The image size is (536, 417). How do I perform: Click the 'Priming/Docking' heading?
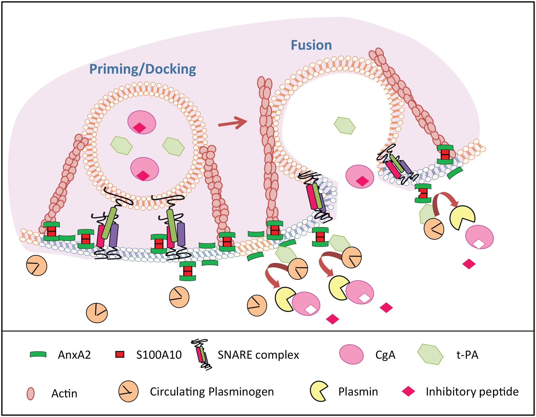(143, 69)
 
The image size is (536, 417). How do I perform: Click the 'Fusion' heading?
(311, 45)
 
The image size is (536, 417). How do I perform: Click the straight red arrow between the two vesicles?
(233, 123)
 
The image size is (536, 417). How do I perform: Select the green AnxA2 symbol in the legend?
(38, 355)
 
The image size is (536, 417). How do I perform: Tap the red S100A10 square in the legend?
(120, 354)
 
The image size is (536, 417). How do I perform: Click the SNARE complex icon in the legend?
(201, 355)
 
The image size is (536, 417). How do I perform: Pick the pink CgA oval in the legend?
(351, 354)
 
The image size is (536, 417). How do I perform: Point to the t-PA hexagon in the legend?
(430, 354)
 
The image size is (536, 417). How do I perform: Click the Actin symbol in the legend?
(30, 393)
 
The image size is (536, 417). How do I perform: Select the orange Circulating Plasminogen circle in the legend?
(128, 392)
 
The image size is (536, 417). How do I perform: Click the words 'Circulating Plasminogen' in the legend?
(212, 392)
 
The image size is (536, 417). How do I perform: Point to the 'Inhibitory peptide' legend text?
(472, 392)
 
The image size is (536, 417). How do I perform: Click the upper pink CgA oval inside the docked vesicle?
(142, 122)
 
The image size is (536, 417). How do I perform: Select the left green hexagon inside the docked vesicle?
(121, 145)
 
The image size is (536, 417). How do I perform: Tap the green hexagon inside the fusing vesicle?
(344, 125)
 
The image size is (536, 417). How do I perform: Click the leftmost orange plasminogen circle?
(37, 265)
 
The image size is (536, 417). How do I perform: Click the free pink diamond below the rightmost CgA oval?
(469, 264)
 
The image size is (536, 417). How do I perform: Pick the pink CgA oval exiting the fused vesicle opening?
(360, 177)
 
